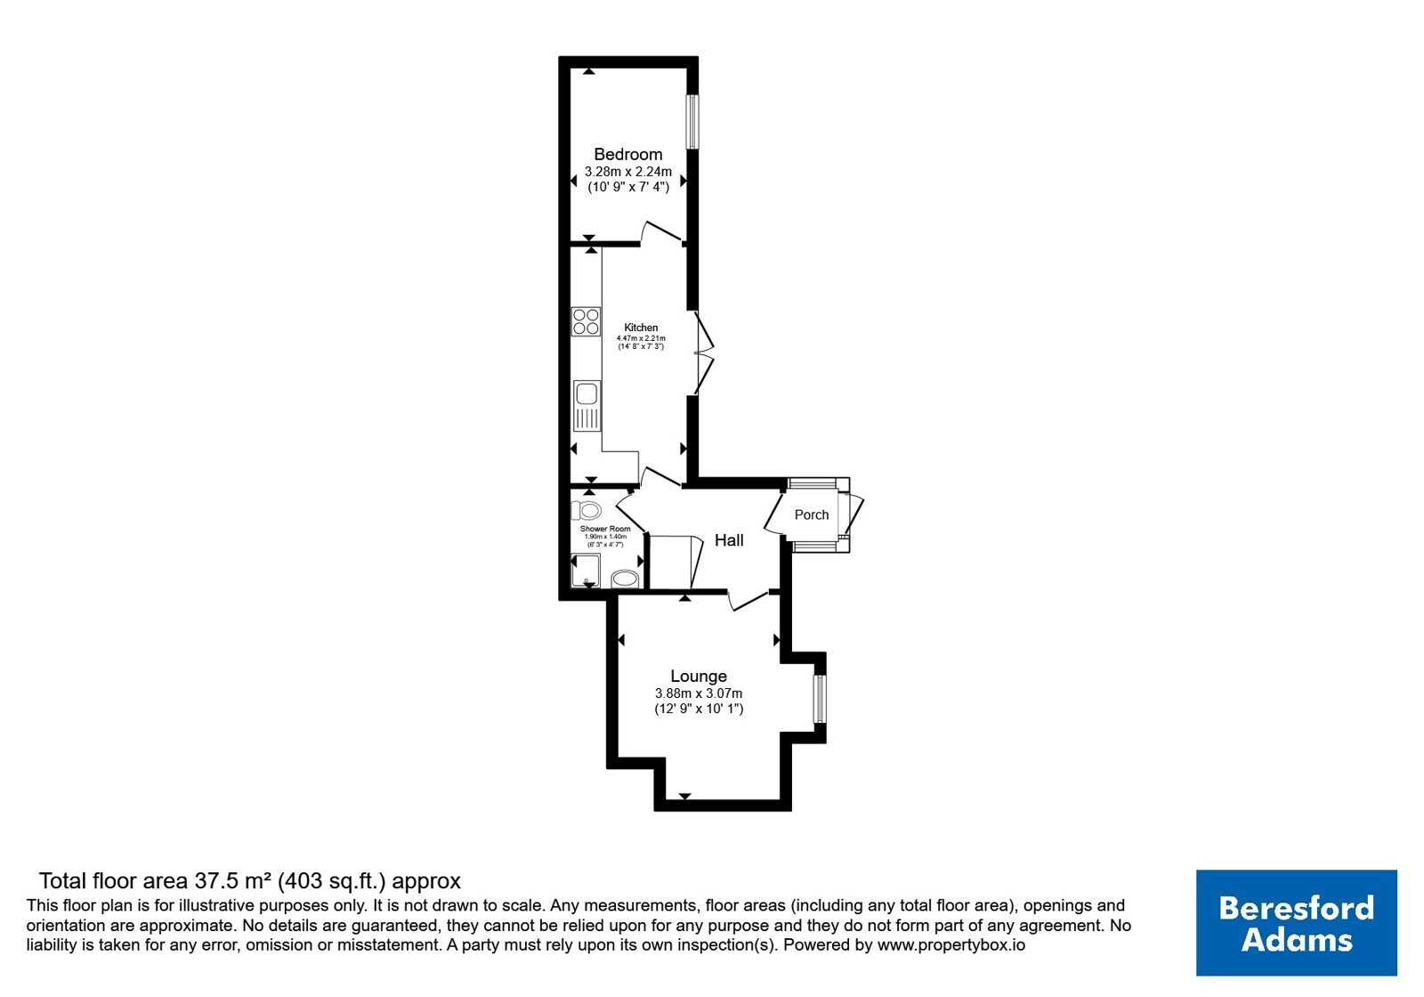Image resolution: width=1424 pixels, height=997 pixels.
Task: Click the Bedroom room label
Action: pos(628,155)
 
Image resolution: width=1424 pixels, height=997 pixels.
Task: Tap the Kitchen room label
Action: pos(641,328)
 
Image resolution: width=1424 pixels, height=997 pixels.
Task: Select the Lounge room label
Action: pos(699,676)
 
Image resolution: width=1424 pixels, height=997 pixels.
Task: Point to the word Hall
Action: pos(729,540)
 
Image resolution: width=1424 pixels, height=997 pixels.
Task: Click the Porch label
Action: pos(812,515)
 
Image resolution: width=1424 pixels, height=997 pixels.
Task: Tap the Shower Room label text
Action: pos(605,529)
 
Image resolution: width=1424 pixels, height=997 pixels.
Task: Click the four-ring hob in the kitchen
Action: pos(586,321)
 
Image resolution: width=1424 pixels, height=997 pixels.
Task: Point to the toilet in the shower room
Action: pos(586,511)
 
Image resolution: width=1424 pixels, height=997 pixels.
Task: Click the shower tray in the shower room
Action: pos(585,571)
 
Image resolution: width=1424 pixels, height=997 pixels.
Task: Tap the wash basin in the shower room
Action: pos(625,579)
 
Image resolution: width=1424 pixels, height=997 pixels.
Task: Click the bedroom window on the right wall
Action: pos(692,122)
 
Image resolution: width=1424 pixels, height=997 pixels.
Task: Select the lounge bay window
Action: pos(820,700)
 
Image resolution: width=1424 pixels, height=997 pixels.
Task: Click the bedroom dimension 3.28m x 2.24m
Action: pos(628,172)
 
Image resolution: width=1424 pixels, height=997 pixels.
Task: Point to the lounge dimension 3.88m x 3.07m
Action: pos(699,693)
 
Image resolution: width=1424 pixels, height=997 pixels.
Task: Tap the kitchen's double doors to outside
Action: pos(704,353)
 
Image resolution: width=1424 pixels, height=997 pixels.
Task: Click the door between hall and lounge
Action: pos(748,600)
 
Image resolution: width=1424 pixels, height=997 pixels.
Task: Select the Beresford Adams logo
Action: pos(1296,922)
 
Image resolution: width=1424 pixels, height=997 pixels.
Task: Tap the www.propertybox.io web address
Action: pos(951,944)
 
